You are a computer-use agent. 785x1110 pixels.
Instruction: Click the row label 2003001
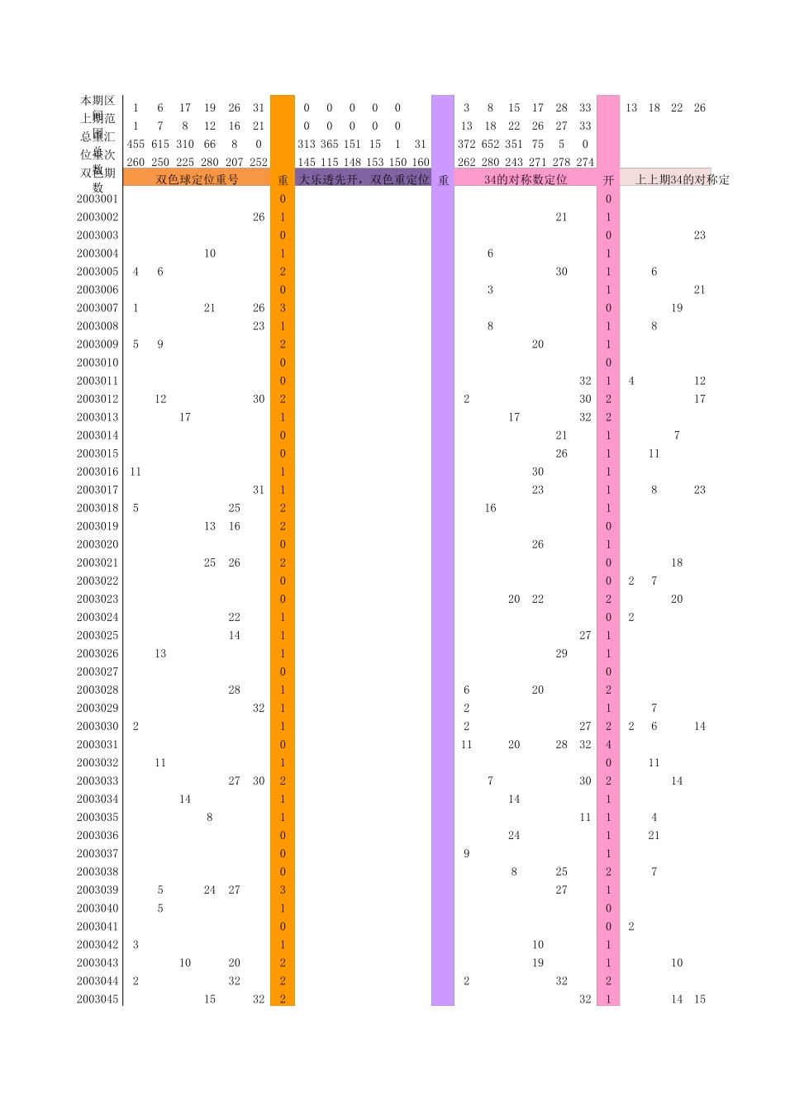point(98,199)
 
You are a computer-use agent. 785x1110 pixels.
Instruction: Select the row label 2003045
point(98,999)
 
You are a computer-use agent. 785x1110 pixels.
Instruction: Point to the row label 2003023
point(98,599)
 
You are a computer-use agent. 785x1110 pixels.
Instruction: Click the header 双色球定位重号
point(197,179)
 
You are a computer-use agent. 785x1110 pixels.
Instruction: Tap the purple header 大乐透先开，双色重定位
point(364,179)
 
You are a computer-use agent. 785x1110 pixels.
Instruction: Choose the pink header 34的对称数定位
point(526,179)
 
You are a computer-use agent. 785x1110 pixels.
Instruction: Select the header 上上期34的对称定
point(682,179)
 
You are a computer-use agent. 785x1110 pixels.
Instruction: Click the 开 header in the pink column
point(608,180)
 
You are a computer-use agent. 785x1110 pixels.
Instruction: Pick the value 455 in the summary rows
point(136,144)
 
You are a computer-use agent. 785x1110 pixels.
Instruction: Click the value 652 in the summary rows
point(490,144)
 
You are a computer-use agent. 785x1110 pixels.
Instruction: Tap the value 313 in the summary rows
point(307,144)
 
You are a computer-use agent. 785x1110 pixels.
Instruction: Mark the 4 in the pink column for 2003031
point(608,744)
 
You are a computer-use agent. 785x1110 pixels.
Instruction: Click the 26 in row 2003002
point(259,217)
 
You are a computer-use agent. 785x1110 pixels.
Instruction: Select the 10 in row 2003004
point(210,254)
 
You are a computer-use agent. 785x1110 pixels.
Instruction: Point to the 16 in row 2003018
point(490,508)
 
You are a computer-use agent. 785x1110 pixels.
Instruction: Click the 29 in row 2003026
point(561,653)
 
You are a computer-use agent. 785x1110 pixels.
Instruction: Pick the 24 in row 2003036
point(514,835)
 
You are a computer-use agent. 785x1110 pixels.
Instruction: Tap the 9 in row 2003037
point(467,853)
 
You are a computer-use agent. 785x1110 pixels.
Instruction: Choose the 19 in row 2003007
point(677,308)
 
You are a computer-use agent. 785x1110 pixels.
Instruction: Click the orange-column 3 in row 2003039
point(283,889)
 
